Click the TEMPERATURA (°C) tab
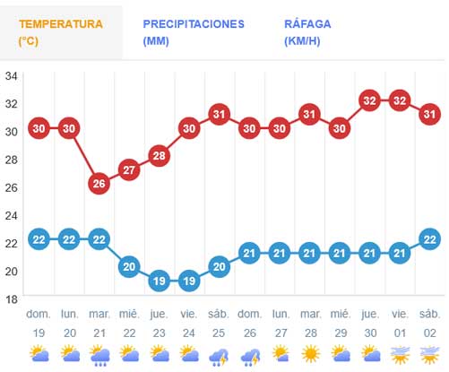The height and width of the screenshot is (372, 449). pos(60,32)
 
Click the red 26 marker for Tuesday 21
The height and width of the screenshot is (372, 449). pos(99,184)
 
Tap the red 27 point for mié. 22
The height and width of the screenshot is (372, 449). pos(129,169)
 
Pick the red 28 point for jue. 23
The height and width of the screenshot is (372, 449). pos(160,155)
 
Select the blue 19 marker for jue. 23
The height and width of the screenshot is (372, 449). pos(160,281)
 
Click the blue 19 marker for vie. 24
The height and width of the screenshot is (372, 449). pos(189,281)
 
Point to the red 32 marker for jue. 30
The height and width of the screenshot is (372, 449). pos(370,100)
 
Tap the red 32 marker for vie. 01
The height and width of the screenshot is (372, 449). pos(400,100)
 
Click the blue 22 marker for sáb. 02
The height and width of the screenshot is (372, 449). pos(430,238)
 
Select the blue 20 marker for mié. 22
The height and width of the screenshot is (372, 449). pos(129,266)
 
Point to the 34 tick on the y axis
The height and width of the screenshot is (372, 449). pos(11,75)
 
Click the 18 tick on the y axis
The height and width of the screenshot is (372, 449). pos(11,298)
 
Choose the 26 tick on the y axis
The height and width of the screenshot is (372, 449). pos(11,187)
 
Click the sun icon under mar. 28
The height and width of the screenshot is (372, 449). pos(310,354)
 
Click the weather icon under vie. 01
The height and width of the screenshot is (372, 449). pos(400,354)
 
